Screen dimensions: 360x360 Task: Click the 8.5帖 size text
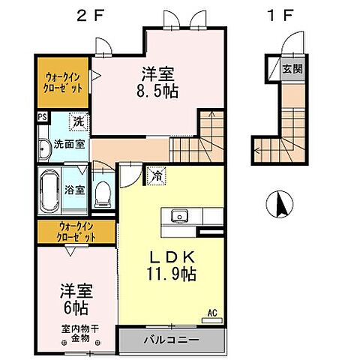click(160, 94)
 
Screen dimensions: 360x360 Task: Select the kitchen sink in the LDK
click(179, 217)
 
